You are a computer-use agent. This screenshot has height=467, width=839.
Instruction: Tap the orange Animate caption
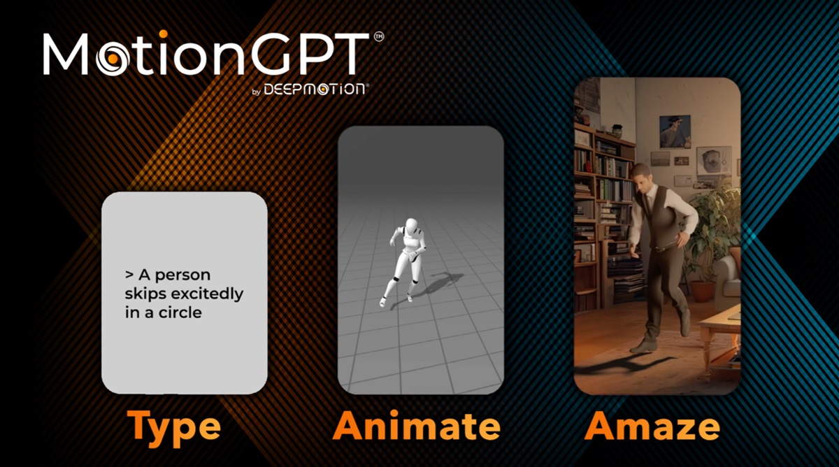coord(417,426)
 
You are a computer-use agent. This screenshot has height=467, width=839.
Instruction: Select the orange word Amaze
coord(652,426)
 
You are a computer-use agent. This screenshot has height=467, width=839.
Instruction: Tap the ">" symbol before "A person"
coord(129,275)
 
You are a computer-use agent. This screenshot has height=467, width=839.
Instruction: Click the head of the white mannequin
coord(410,227)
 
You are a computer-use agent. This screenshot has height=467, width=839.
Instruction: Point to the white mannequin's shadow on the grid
coord(437,283)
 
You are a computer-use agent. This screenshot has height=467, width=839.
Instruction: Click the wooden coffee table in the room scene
coord(720,329)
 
